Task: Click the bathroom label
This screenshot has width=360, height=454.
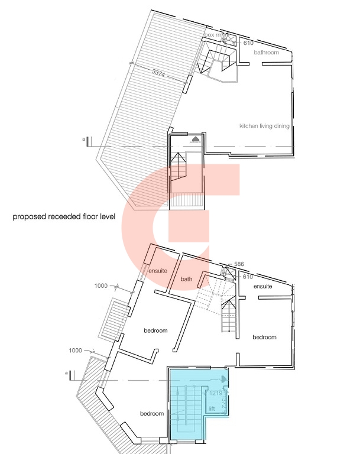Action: [x=266, y=53]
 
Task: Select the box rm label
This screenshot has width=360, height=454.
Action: [x=212, y=35]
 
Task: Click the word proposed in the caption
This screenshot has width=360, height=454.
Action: [x=28, y=217]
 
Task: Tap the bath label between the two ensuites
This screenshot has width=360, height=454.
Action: [x=187, y=278]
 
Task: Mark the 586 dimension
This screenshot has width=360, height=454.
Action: [x=239, y=264]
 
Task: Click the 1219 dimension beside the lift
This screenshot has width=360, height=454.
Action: [x=215, y=392]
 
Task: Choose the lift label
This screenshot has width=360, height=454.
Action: [x=212, y=408]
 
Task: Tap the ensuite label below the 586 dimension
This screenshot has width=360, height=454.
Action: [x=262, y=286]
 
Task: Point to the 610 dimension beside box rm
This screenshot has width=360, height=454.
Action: [x=248, y=43]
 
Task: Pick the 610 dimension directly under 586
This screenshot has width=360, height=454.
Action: [x=248, y=277]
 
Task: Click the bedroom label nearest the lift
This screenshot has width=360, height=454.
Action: [x=152, y=413]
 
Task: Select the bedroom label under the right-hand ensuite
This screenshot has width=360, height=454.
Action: [x=264, y=337]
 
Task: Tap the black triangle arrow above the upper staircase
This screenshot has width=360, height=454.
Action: [x=195, y=138]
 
